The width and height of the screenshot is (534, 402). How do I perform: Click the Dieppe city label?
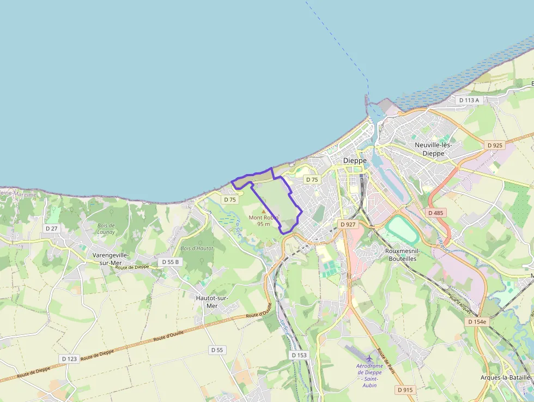[x=355, y=160]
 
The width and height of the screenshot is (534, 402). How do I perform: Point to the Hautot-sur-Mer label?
[x=212, y=302]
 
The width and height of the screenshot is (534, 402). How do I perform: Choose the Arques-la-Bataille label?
[x=506, y=377]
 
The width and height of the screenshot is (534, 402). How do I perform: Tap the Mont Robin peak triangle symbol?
[x=264, y=211]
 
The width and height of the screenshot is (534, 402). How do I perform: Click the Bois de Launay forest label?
[x=106, y=229]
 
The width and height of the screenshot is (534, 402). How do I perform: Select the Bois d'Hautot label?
[x=197, y=248]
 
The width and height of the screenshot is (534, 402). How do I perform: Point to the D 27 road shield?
[x=52, y=228]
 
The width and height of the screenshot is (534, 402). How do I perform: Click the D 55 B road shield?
[x=169, y=262]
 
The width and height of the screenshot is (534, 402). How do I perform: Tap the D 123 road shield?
[x=69, y=358]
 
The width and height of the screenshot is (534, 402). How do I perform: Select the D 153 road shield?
[x=299, y=355]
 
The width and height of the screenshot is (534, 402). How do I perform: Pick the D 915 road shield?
[x=405, y=389]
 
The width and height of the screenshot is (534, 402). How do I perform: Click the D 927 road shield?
[x=347, y=224]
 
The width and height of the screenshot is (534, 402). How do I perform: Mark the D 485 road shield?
[x=436, y=213]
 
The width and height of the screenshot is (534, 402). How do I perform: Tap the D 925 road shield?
[x=495, y=145]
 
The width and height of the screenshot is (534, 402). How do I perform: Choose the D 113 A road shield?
[x=469, y=100]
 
